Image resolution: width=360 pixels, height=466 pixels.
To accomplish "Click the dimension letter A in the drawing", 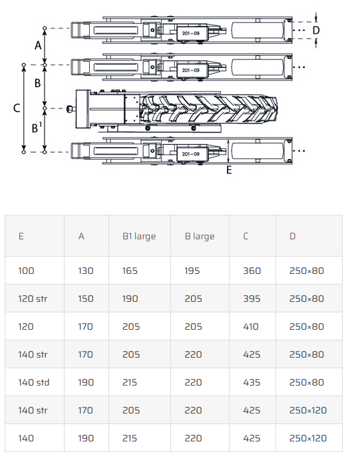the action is (38, 45).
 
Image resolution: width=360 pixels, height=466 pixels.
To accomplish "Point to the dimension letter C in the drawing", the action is (17, 108).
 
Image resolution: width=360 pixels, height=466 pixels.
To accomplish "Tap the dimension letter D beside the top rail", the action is (316, 31).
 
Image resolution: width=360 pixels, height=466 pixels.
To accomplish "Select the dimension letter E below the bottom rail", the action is (229, 170).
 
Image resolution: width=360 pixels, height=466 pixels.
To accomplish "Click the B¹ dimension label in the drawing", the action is (37, 127).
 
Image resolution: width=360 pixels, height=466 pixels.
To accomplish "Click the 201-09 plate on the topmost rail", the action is (191, 33).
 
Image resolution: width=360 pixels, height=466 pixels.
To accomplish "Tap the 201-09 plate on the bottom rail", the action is (191, 154).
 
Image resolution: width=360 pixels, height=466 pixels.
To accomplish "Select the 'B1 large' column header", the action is (139, 236).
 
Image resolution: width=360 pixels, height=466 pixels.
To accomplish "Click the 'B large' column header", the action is (200, 236).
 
